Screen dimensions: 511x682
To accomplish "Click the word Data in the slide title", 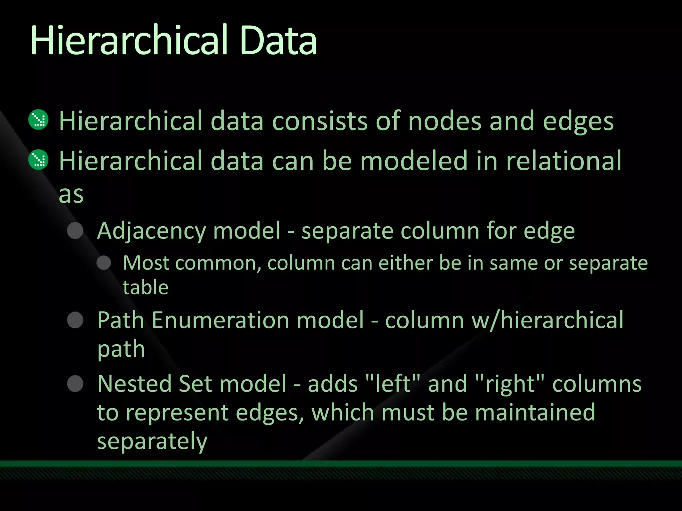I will point(278,41).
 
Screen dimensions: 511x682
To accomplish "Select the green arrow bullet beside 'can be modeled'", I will point(39,160).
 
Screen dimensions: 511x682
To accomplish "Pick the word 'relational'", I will point(563,161).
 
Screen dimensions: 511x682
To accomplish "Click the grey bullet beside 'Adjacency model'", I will point(75,231).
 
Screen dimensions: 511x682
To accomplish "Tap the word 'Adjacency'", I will point(152,231).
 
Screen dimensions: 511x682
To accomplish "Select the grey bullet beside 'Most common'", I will point(104,263).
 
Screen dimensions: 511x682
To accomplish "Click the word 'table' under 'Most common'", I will point(146,287).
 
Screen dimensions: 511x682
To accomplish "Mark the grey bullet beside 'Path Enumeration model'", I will point(75,320).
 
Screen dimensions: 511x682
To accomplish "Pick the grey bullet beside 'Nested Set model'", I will point(75,384).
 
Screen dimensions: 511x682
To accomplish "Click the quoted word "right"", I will point(510,384).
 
